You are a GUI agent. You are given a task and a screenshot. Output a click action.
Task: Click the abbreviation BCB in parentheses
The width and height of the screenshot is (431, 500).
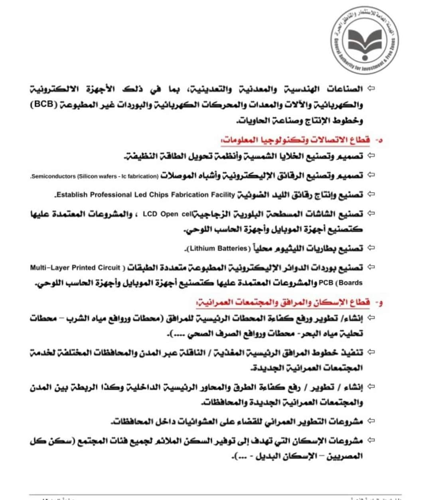43,105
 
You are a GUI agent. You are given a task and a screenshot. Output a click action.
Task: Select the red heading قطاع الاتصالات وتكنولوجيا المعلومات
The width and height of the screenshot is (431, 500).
296,140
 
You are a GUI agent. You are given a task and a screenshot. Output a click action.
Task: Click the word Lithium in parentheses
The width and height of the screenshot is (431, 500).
203,248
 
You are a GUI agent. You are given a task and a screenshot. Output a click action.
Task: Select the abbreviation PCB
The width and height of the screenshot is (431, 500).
326,283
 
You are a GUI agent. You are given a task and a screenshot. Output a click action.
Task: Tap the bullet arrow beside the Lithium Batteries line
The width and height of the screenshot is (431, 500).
371,248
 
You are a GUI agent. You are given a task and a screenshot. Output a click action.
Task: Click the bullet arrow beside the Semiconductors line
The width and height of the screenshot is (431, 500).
371,175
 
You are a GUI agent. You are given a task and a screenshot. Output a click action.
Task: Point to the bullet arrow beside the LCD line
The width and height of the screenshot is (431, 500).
371,214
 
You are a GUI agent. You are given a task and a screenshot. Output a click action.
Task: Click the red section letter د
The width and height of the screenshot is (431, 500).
380,140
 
